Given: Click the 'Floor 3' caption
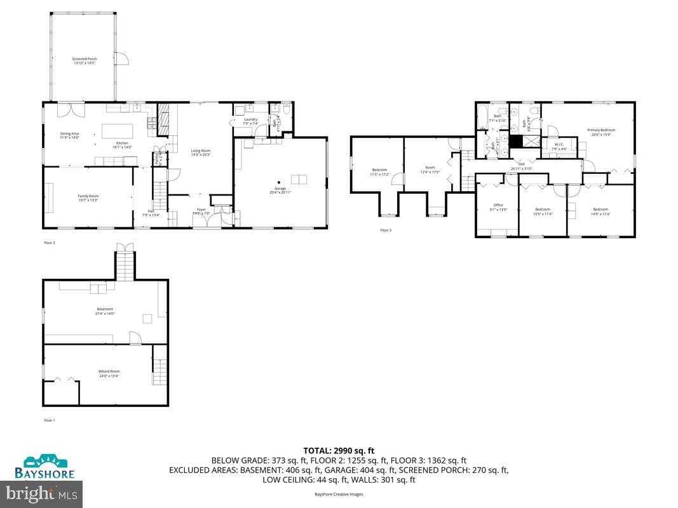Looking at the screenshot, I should [x=386, y=230].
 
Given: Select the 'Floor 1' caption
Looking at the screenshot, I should [x=50, y=420].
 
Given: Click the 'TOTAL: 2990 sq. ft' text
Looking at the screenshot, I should [x=339, y=450].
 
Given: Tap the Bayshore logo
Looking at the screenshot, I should [x=44, y=467].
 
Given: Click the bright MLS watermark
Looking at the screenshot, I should [x=41, y=492].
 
